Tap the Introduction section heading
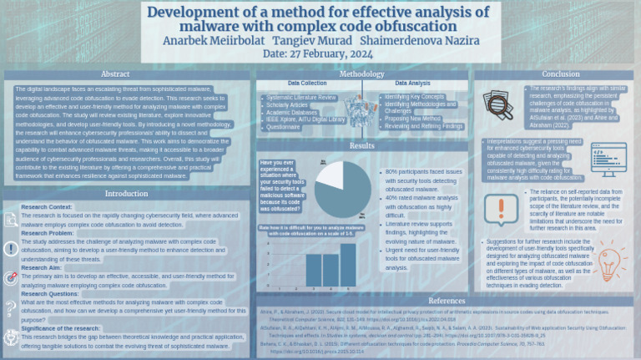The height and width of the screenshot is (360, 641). (126, 194)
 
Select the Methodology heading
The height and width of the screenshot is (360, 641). (361, 74)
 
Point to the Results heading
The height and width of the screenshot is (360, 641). (361, 145)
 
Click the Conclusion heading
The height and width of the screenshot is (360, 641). (561, 74)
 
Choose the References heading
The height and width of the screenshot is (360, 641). (447, 300)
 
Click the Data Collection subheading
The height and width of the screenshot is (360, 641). (307, 84)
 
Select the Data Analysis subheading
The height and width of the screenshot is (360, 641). (412, 84)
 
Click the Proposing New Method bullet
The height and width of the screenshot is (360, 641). (412, 119)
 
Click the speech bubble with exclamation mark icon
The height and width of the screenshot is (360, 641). (502, 208)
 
